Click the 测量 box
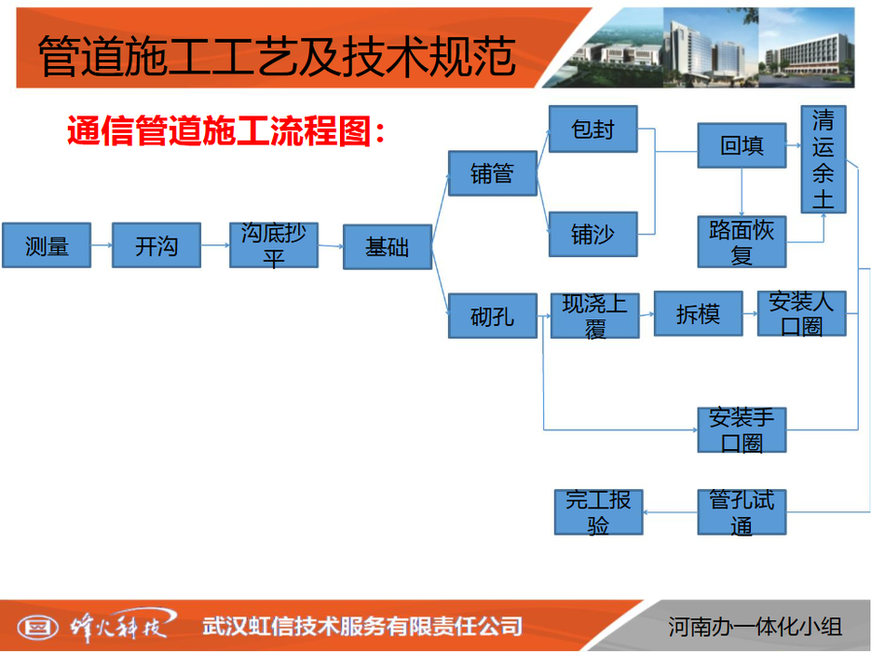(x=47, y=245)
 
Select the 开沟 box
(x=157, y=245)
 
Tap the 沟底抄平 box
(x=274, y=245)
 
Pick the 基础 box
(x=388, y=247)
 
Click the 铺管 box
(x=492, y=173)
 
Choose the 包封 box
(x=593, y=129)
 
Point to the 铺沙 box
(x=593, y=235)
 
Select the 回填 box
(x=742, y=145)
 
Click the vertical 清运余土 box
(x=824, y=159)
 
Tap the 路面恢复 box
(x=742, y=241)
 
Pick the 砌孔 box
(x=492, y=316)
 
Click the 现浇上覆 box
(x=595, y=316)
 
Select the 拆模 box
(x=698, y=314)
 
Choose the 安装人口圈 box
(x=801, y=314)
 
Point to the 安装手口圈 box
(x=742, y=430)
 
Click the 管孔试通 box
(x=742, y=512)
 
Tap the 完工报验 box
(x=598, y=512)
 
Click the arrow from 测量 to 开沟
(x=102, y=245)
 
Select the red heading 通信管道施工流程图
(x=225, y=131)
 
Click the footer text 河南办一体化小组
(x=755, y=627)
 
